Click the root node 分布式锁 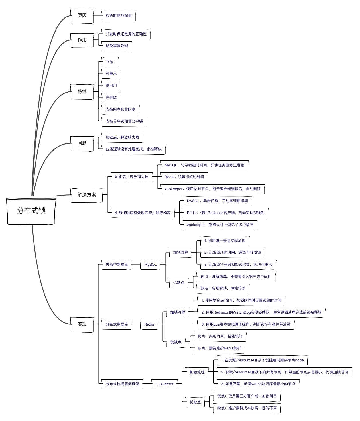(x=31, y=211)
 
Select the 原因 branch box (x=82, y=16)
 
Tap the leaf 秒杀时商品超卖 (x=119, y=16)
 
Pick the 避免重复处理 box (x=117, y=46)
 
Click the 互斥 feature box (x=110, y=62)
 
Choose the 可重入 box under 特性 (x=111, y=74)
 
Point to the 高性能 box (x=111, y=98)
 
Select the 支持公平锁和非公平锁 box (x=124, y=121)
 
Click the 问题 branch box (x=82, y=143)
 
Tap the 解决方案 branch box (x=86, y=195)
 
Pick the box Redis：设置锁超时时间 (x=184, y=177)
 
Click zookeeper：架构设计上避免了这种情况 (x=220, y=225)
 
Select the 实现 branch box (x=82, y=324)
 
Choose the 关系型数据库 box (x=117, y=265)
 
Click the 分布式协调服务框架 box (x=122, y=384)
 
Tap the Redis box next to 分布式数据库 (x=149, y=324)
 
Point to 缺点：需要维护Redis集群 (x=219, y=348)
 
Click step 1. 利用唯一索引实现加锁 (x=225, y=241)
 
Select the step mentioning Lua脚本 (x=246, y=324)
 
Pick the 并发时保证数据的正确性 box (x=126, y=34)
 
